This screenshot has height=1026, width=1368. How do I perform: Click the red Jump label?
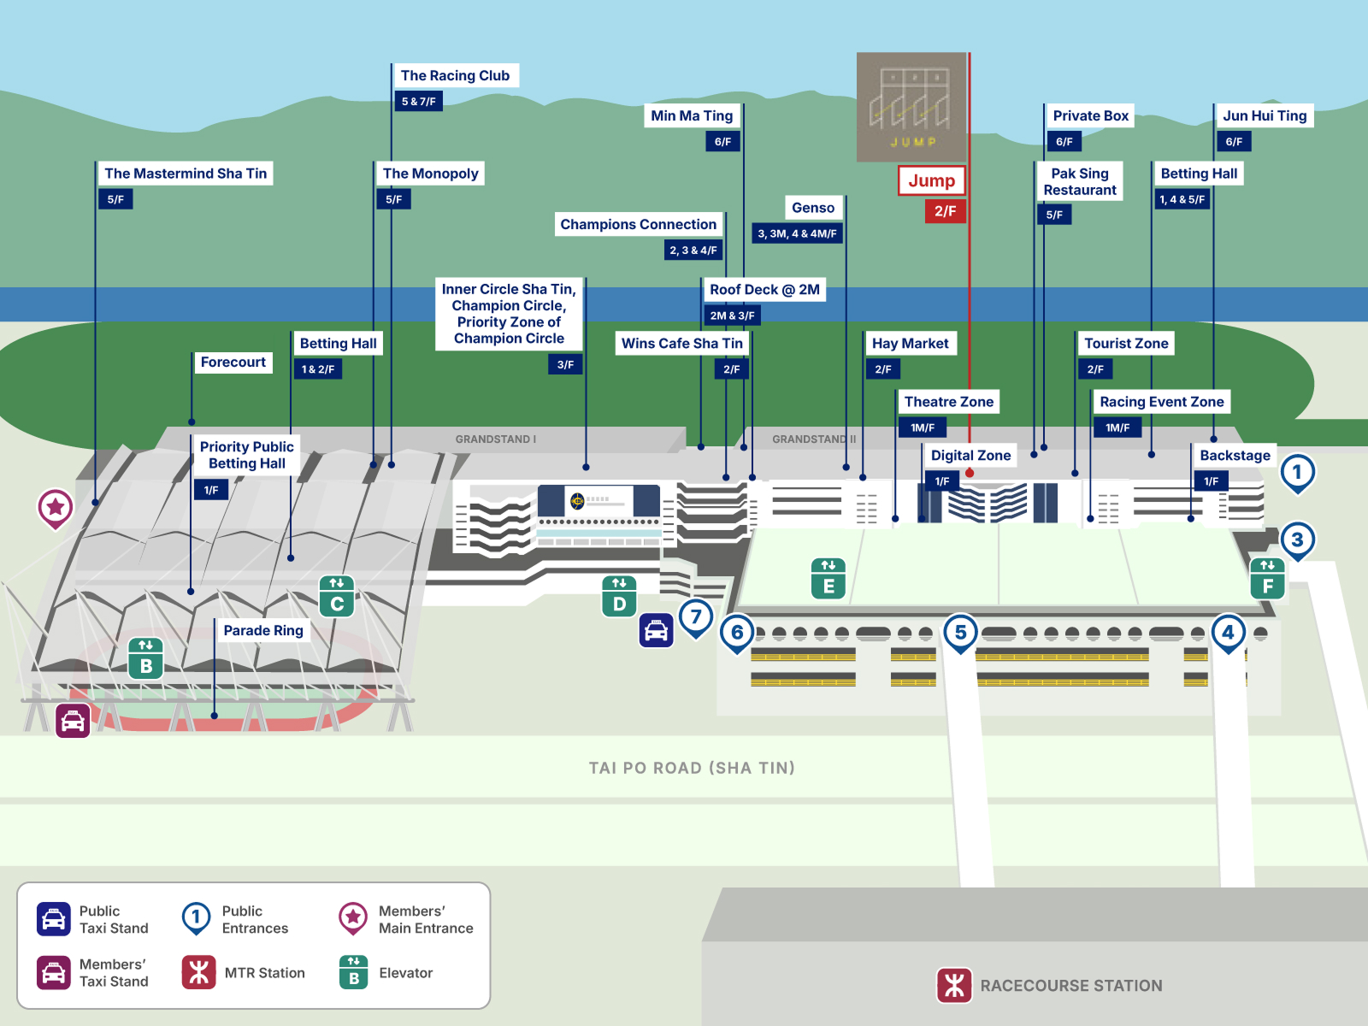point(931,180)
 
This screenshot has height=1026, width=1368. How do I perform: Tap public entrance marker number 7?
point(695,618)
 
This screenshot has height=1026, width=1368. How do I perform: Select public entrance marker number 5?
point(960,633)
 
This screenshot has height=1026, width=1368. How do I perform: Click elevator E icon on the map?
point(828,579)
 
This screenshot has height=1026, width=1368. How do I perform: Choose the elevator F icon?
point(1268,579)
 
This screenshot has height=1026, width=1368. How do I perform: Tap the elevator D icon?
point(619,596)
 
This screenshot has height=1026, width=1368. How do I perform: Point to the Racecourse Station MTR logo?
point(954,986)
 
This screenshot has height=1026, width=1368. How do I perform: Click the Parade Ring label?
point(263,630)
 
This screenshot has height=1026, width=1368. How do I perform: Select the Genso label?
point(813,208)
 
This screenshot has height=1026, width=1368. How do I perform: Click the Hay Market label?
point(910,343)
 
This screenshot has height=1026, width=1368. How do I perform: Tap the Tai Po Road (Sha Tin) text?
point(692,768)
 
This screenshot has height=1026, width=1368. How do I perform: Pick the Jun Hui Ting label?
point(1265,116)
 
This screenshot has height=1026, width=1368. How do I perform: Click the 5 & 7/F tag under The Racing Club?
point(419,101)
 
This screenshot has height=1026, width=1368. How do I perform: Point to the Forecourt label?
point(233,362)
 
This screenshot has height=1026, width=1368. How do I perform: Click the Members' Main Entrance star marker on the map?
point(56,508)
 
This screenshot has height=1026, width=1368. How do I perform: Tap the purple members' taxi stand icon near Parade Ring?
point(73,722)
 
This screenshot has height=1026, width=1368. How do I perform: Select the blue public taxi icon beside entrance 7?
point(657,630)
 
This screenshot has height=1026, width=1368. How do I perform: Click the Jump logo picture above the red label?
point(911,107)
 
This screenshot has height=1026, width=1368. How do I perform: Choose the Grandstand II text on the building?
point(814,439)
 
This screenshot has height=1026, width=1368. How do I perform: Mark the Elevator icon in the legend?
point(353,972)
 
